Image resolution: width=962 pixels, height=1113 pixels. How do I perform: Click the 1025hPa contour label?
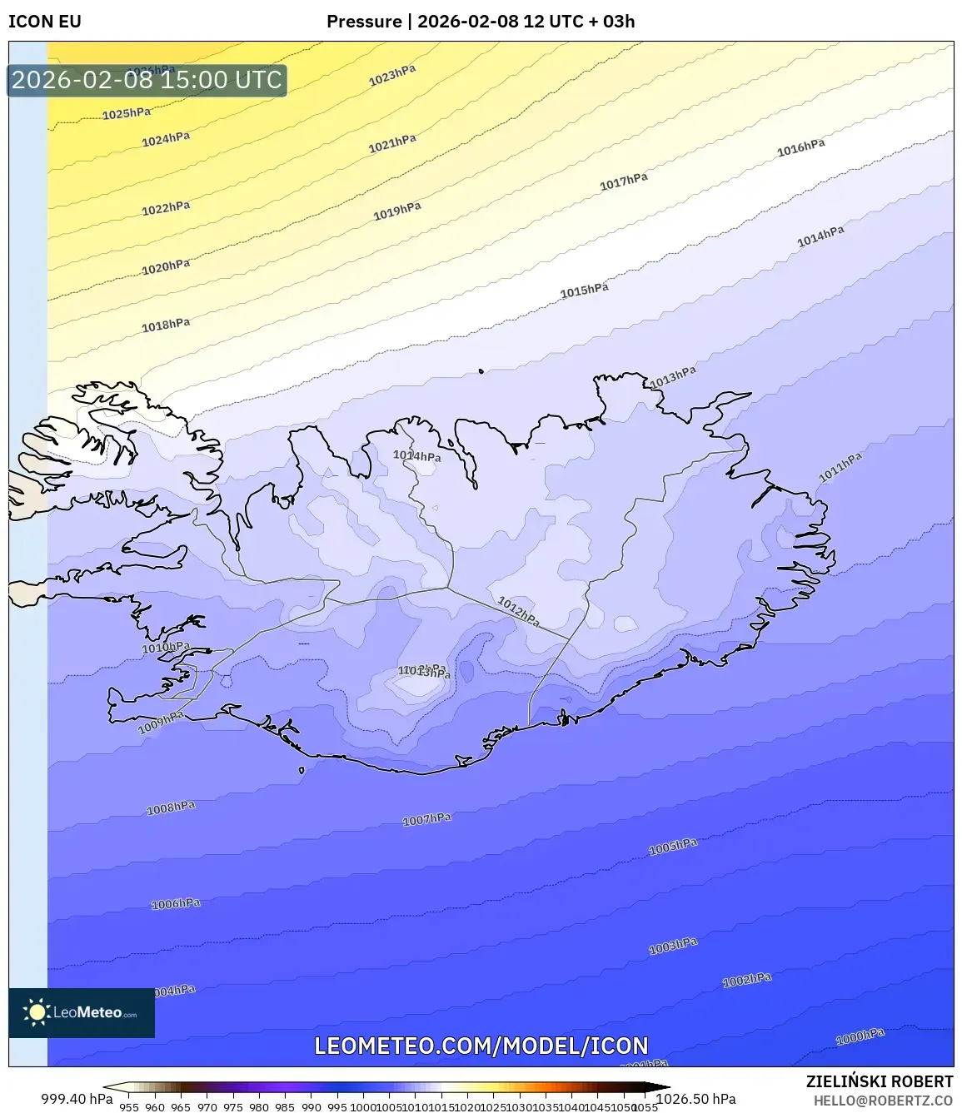click(x=127, y=113)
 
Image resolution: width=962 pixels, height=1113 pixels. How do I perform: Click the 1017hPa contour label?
click(x=624, y=181)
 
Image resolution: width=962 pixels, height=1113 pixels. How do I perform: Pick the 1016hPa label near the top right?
click(x=801, y=147)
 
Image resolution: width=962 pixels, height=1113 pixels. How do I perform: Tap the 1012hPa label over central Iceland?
click(x=519, y=611)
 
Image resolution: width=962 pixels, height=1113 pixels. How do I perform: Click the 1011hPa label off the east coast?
click(x=840, y=467)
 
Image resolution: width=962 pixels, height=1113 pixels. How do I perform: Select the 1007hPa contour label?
click(x=426, y=820)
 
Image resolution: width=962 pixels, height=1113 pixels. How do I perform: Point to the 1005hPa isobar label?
click(x=673, y=847)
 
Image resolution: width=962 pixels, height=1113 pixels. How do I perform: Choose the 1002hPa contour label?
click(x=747, y=981)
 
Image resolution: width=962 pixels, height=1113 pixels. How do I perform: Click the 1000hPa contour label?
click(x=860, y=1036)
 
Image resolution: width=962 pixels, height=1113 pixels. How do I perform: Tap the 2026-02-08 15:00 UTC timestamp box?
click(x=147, y=80)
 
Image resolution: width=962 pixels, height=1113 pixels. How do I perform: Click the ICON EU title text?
click(x=45, y=22)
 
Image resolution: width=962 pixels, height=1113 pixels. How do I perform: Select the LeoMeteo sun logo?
click(x=37, y=1012)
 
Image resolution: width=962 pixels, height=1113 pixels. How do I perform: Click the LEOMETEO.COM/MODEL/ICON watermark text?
click(x=481, y=1046)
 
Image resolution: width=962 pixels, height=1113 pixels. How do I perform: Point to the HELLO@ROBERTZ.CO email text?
click(x=883, y=1100)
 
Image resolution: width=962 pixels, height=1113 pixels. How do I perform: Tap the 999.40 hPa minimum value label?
click(x=77, y=1099)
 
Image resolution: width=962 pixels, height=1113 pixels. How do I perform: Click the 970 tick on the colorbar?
click(x=207, y=1107)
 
